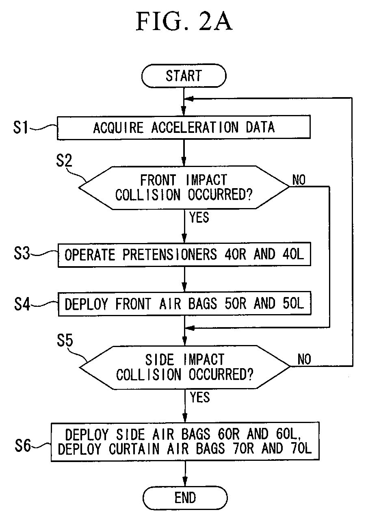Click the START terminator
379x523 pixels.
(x=184, y=76)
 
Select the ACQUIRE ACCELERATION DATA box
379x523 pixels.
(x=184, y=127)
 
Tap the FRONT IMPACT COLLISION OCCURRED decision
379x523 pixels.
(x=184, y=188)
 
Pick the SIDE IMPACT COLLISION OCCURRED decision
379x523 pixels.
(x=185, y=367)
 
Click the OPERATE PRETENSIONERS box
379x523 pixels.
(x=184, y=254)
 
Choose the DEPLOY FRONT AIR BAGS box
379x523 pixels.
(x=184, y=304)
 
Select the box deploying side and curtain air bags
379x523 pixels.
(x=185, y=442)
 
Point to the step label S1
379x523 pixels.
(x=21, y=128)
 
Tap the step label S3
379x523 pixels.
(x=22, y=253)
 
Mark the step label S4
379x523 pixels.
(x=22, y=304)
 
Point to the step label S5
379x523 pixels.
(x=65, y=340)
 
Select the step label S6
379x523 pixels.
(x=23, y=445)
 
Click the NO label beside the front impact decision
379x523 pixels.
(x=299, y=180)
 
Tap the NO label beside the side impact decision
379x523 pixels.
(x=304, y=360)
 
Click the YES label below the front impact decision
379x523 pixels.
(x=199, y=217)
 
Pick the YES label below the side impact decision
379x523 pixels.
(x=200, y=397)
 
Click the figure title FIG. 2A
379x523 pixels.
(x=184, y=21)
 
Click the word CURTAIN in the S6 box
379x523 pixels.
(x=134, y=449)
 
